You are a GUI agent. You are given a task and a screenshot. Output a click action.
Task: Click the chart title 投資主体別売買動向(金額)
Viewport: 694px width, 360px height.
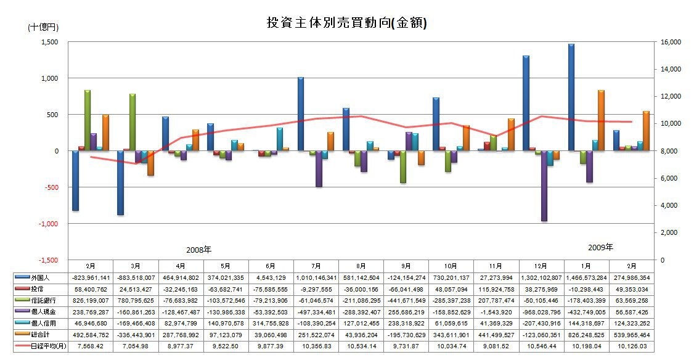click(x=346, y=23)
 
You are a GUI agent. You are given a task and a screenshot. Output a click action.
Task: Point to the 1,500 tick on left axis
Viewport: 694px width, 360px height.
click(x=49, y=42)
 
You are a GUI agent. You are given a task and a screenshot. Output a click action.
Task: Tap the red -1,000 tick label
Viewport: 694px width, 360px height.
click(x=47, y=224)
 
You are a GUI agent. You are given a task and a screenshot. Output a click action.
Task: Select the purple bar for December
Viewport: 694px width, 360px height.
click(x=544, y=186)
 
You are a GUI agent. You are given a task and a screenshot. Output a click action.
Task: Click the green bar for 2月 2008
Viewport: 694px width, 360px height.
click(x=88, y=120)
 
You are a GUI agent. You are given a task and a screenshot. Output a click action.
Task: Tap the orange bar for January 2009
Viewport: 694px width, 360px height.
click(x=601, y=120)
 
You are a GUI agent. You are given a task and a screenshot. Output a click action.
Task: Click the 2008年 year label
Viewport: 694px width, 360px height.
click(x=198, y=250)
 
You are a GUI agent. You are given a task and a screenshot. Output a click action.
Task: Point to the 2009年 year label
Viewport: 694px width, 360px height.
click(x=600, y=248)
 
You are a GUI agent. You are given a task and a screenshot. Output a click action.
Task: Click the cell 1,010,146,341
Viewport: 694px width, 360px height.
click(x=316, y=278)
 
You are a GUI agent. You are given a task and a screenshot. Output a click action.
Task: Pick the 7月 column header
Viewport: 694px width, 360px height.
click(x=316, y=266)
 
